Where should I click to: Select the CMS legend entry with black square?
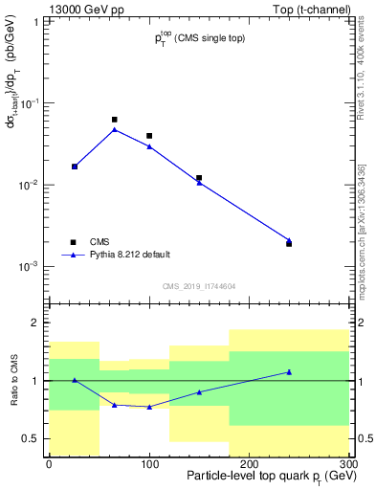74,242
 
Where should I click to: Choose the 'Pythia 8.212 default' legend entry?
74,255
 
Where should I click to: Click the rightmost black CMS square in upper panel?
289,244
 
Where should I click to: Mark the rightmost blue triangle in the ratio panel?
289,371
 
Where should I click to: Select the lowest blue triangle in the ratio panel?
149,407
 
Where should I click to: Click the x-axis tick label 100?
148,463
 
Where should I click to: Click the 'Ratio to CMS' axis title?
14,380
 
